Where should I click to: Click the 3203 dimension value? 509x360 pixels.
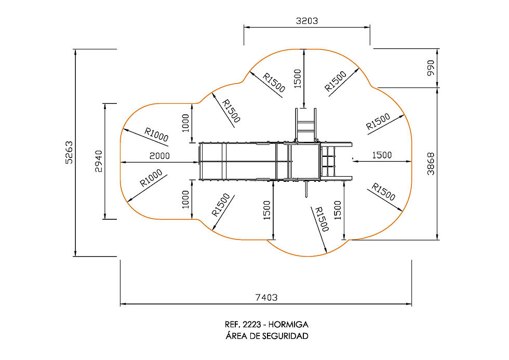(307, 21)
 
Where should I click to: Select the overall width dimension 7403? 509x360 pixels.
(266, 297)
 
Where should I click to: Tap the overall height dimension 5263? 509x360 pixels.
(69, 152)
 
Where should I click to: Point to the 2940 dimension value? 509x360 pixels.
(99, 162)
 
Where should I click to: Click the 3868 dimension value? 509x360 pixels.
(431, 164)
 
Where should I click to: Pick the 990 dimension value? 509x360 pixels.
(431, 68)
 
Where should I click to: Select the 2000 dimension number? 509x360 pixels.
(159, 156)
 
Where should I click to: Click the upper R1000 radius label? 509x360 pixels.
(156, 135)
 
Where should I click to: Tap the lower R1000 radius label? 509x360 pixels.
(151, 178)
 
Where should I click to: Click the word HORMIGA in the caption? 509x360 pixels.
(288, 324)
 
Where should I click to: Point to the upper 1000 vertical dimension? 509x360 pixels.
(185, 123)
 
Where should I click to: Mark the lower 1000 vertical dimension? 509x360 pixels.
(185, 199)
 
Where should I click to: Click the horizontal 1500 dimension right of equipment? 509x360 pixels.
(382, 155)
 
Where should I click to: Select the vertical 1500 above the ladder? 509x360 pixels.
(298, 78)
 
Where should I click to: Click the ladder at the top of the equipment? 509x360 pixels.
(305, 125)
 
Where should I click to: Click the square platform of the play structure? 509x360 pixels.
(304, 161)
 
